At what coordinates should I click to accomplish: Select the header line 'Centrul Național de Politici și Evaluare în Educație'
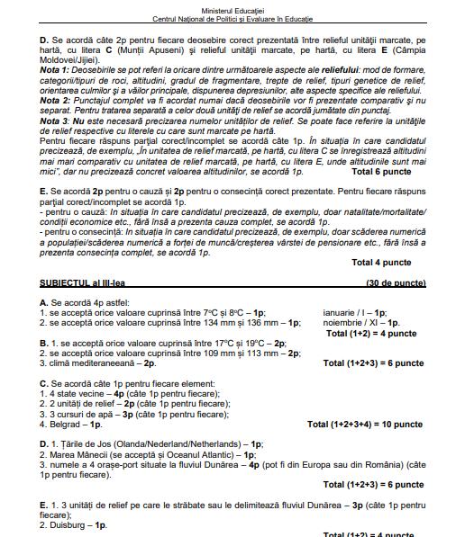pyautogui.click(x=232, y=18)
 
